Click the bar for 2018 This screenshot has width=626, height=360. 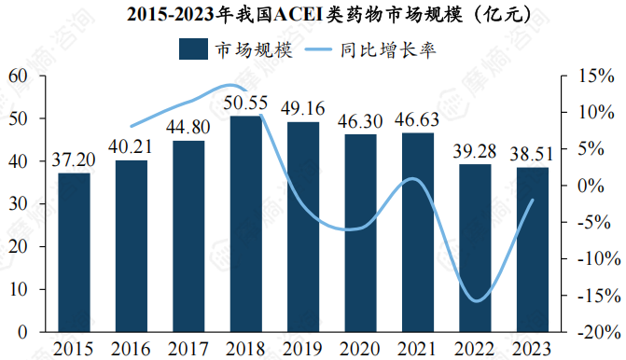click(246, 224)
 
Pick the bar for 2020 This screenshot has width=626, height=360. click(361, 232)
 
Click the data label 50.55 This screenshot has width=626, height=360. click(246, 103)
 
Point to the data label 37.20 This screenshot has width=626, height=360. click(75, 160)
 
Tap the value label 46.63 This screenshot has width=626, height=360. click(418, 120)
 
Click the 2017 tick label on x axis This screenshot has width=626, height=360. click(188, 348)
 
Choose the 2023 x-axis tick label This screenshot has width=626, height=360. click(532, 348)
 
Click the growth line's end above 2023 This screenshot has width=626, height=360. click(533, 200)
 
